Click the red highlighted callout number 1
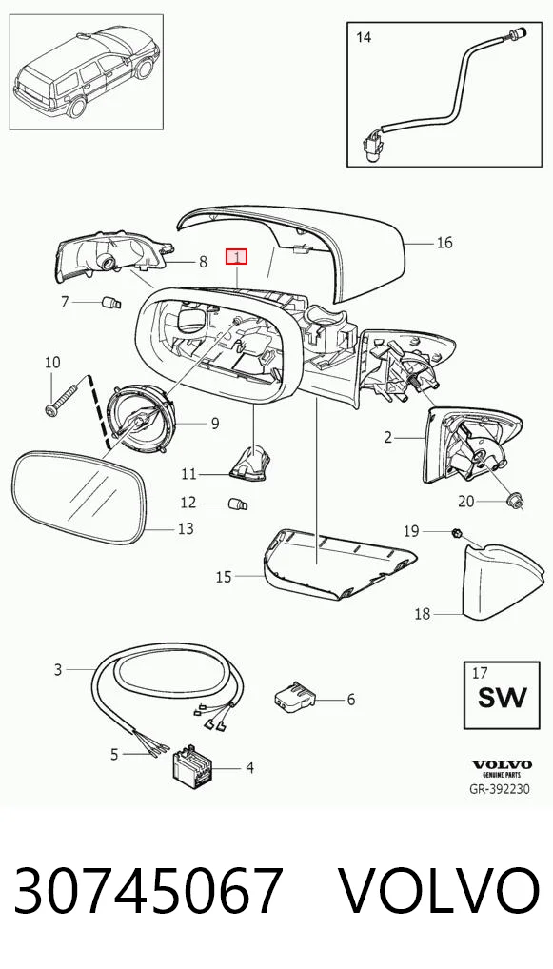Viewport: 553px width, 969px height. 236,256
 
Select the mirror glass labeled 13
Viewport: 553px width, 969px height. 79,498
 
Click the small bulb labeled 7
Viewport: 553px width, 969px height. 111,303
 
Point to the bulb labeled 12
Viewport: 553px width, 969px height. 238,504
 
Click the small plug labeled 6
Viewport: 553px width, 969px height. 295,696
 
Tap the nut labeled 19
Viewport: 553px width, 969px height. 456,531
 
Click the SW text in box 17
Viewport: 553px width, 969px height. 503,698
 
